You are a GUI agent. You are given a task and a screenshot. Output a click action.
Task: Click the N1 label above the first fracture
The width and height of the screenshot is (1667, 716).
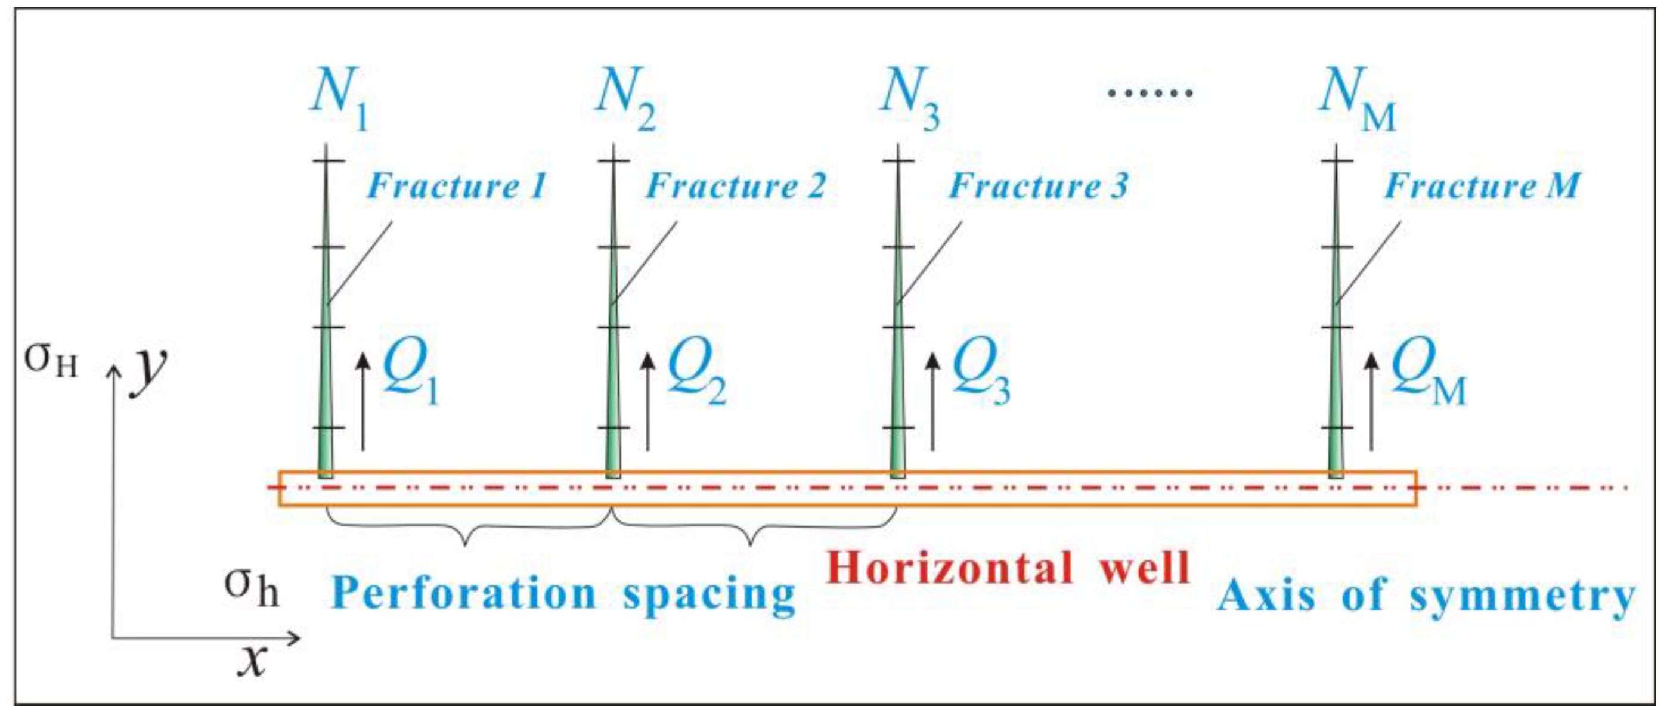339,98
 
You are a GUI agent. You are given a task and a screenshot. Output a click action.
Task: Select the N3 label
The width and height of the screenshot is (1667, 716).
909,98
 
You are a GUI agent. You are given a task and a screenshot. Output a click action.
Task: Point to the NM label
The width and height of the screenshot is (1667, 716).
1356,99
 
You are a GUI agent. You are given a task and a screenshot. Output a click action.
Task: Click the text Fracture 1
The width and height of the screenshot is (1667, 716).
457,186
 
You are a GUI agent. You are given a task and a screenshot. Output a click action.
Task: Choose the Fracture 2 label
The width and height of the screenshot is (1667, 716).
736,186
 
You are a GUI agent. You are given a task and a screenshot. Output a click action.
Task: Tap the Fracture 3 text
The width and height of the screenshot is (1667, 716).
1039,186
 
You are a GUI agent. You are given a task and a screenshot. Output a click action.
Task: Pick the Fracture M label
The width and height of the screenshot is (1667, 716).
1482,186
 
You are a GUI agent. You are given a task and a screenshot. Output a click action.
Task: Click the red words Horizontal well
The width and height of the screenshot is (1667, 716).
1008,568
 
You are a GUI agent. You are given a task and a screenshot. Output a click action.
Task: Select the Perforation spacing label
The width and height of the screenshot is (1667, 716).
563,594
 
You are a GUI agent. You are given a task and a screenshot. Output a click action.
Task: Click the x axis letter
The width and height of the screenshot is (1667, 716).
252,660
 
